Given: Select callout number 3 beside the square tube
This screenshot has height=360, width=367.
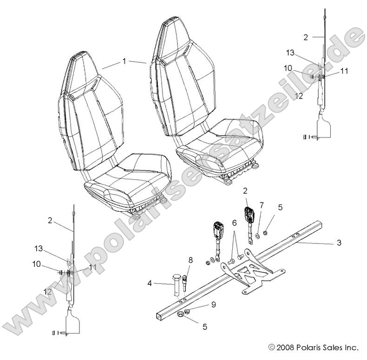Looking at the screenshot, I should coord(339,243).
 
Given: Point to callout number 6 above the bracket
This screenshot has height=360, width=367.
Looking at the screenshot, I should coord(235,223).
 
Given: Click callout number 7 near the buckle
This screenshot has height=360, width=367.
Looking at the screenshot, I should coord(262,204).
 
